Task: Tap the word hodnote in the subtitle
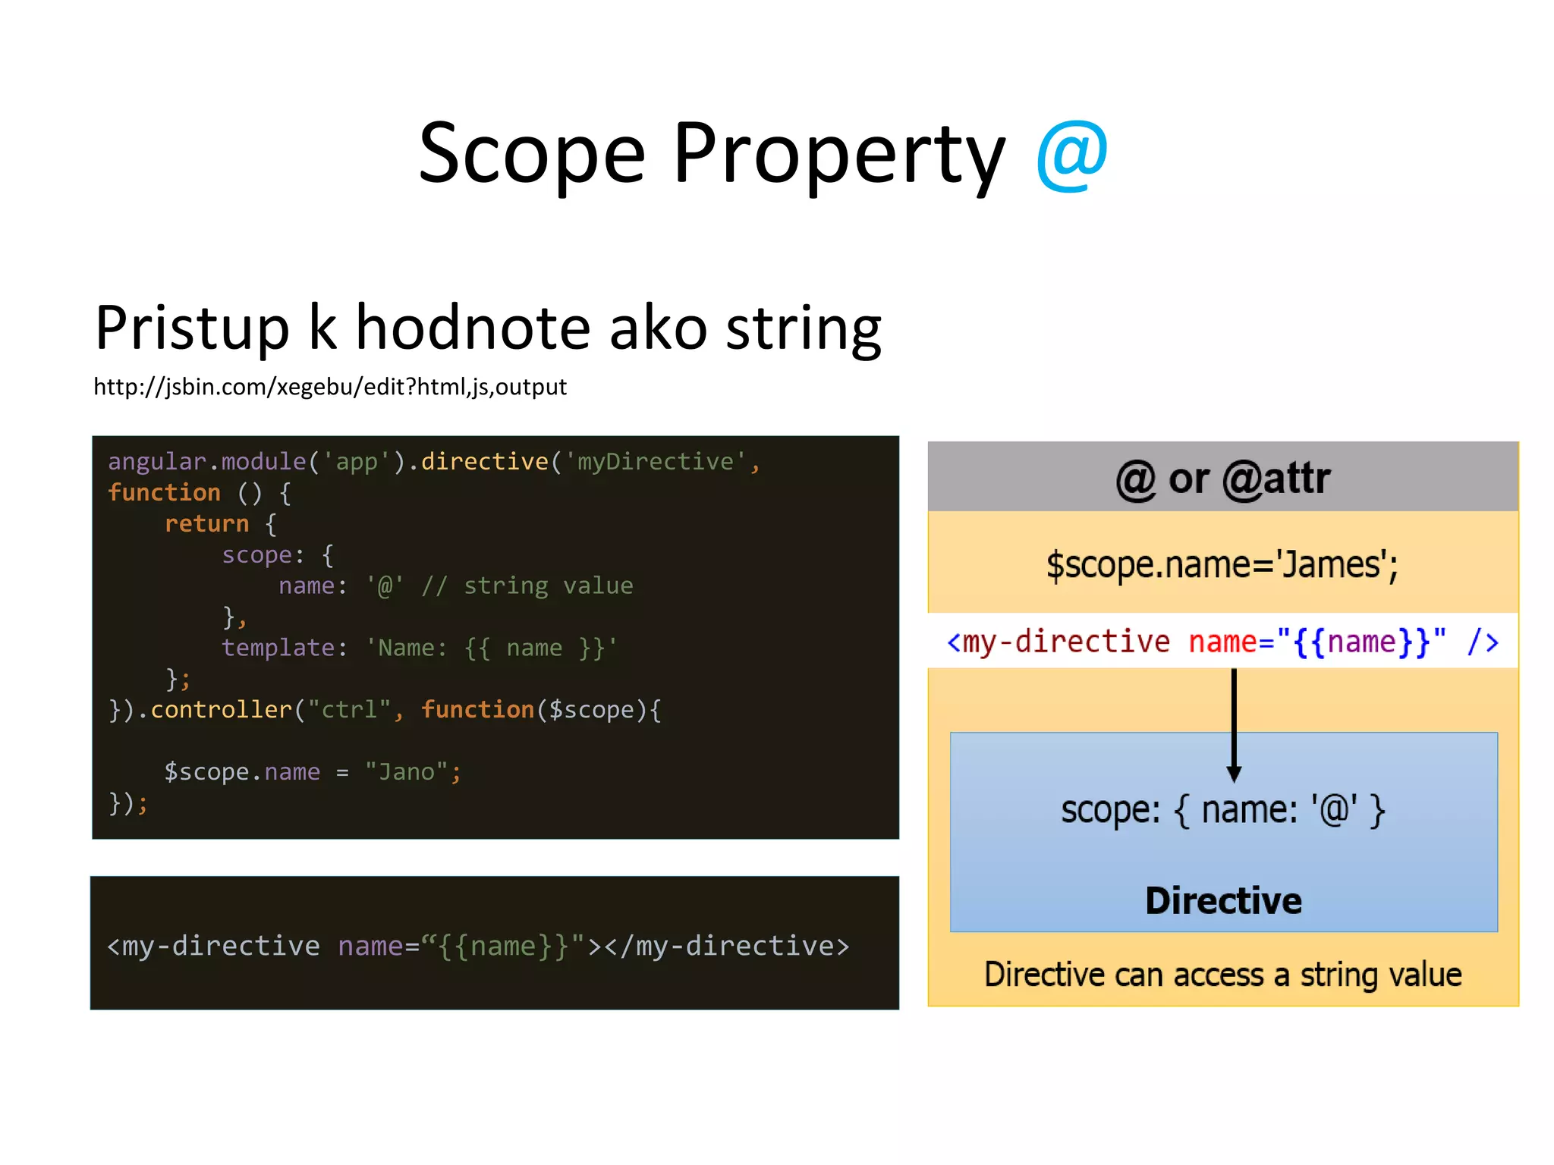(473, 328)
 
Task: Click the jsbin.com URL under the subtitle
(330, 387)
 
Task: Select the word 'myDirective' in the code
(656, 461)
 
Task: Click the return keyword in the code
(206, 523)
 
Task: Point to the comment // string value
(527, 586)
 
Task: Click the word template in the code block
(278, 648)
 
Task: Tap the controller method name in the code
(221, 710)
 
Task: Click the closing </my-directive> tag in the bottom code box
(726, 946)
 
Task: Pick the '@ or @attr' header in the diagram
(1223, 479)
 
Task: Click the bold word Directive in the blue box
(1223, 900)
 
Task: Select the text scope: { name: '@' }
(1223, 810)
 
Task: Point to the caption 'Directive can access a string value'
(1223, 975)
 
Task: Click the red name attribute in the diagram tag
(1222, 642)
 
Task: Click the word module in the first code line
(263, 461)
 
